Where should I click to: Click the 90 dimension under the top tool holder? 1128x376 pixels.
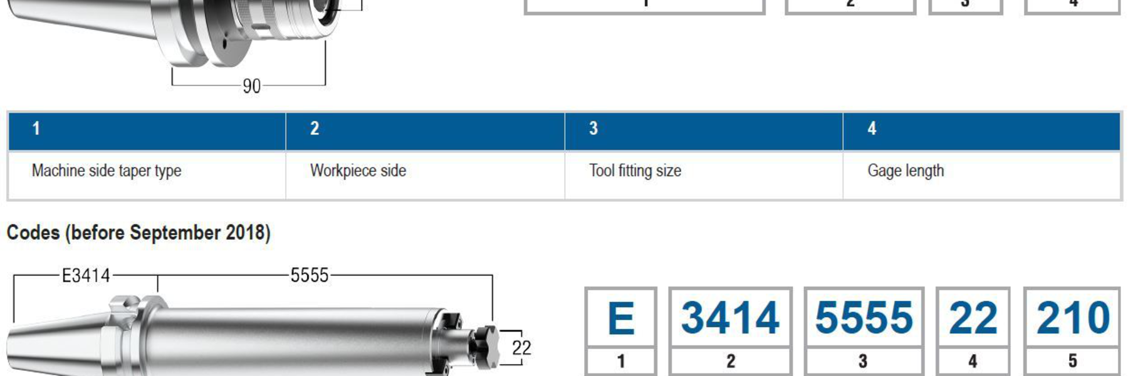click(251, 86)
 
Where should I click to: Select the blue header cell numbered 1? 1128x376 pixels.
click(147, 130)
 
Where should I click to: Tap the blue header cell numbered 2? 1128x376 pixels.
click(425, 130)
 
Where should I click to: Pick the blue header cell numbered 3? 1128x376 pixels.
click(703, 130)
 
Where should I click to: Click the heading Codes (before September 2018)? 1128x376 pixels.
click(138, 233)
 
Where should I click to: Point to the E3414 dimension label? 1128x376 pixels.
click(86, 276)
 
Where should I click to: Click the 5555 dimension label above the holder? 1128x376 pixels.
click(309, 276)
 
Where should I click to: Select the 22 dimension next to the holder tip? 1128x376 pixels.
click(521, 348)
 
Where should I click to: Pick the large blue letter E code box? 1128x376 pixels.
click(620, 318)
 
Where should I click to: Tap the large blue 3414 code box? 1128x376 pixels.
click(730, 318)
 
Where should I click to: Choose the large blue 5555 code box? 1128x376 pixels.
click(864, 318)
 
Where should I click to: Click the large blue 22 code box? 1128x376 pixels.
click(973, 318)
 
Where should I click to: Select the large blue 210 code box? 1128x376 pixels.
click(1073, 318)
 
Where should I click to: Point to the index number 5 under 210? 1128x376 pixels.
click(1072, 362)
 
